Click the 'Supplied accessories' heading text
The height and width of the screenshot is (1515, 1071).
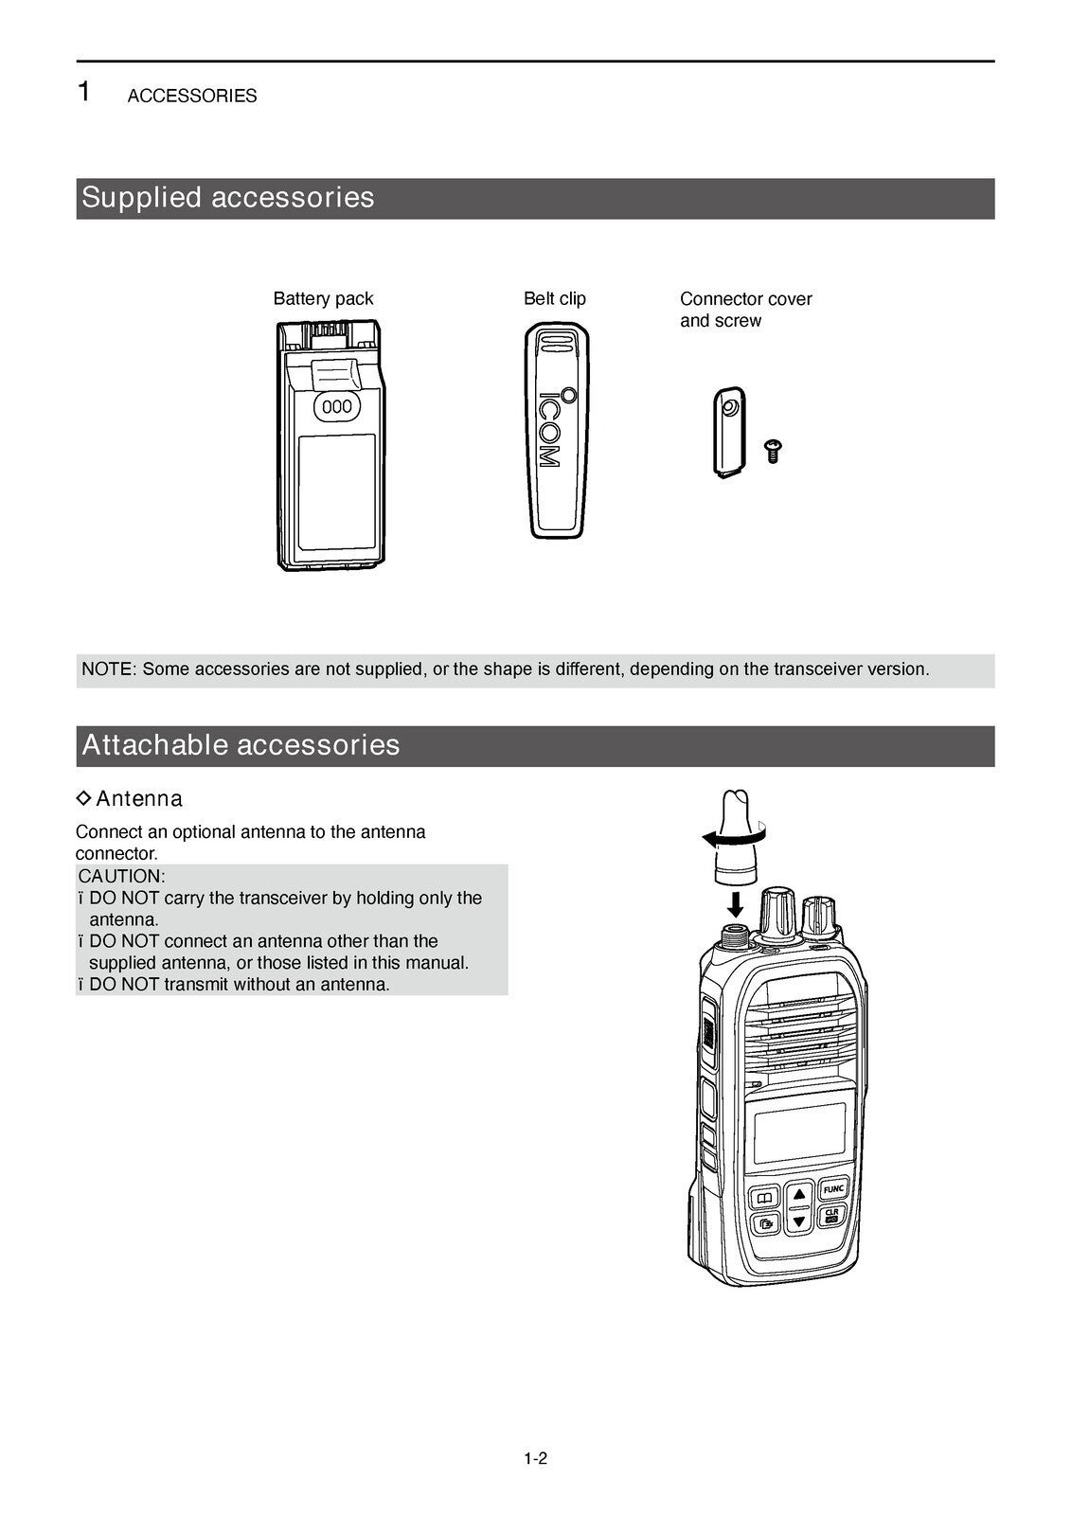[228, 198]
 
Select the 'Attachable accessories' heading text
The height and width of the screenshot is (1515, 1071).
[241, 745]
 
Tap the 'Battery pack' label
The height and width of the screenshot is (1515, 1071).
[323, 299]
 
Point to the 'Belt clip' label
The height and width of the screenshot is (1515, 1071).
[555, 299]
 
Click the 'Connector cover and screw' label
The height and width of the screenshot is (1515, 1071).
[745, 310]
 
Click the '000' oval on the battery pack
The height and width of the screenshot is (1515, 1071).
[337, 407]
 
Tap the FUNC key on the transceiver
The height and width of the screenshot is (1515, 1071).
[832, 1189]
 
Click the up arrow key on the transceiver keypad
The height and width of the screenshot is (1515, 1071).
[799, 1195]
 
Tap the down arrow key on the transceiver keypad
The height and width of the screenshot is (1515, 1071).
[799, 1221]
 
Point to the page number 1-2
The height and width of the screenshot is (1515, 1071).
[536, 1459]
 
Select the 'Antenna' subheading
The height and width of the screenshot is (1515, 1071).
[138, 799]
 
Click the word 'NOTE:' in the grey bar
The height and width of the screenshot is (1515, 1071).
[109, 669]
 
